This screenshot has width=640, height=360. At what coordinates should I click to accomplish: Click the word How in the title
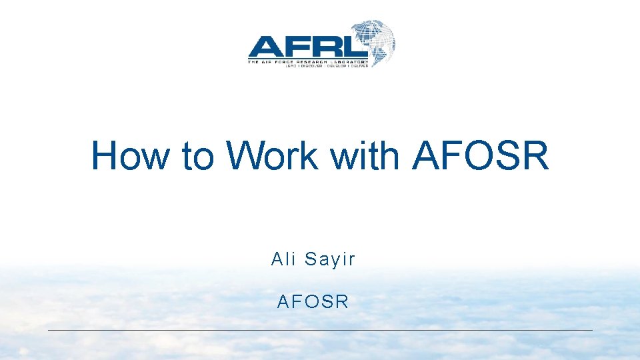pos(131,156)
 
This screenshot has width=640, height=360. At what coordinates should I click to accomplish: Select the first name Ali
pos(283,259)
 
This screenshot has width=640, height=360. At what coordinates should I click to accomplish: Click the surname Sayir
pos(330,260)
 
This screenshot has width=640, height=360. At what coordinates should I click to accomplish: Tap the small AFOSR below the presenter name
pos(313,302)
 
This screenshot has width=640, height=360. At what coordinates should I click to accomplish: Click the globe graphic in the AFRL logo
pos(374,41)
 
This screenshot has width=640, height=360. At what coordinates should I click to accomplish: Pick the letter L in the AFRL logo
pos(352,47)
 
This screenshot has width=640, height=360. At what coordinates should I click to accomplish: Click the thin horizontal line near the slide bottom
pos(320,330)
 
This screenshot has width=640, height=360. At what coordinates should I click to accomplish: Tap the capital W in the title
pos(244,156)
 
